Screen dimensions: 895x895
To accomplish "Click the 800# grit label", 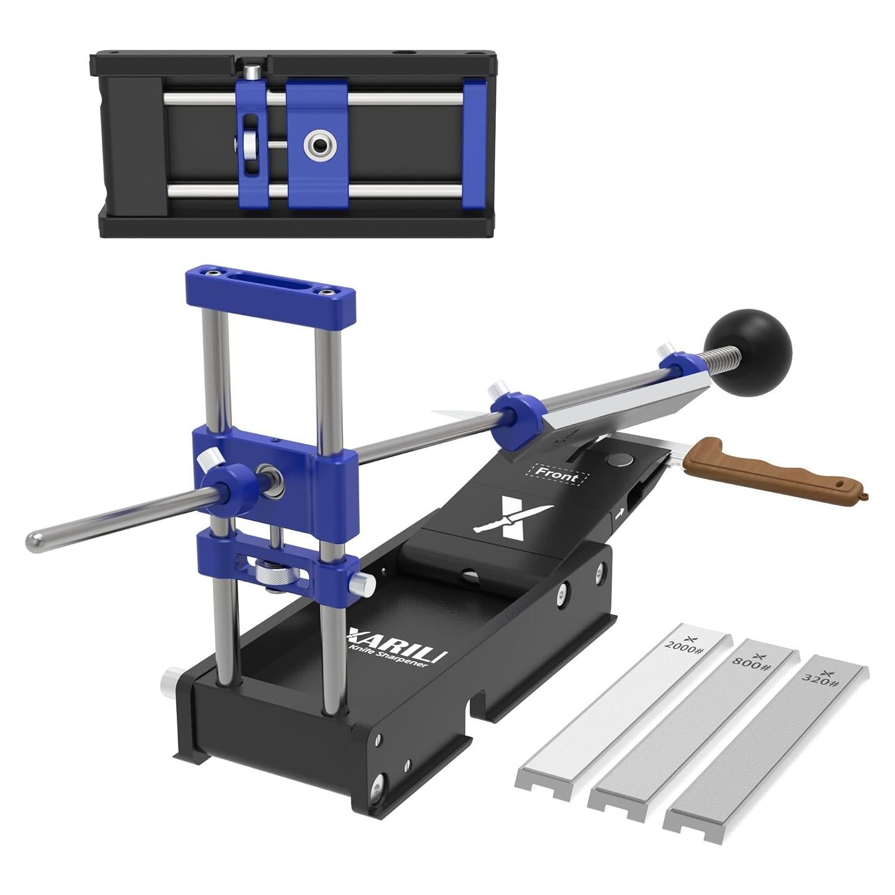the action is point(751,662).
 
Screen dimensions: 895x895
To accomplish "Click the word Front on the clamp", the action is point(557,474).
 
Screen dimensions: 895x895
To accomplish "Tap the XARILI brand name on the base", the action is point(398,644).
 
